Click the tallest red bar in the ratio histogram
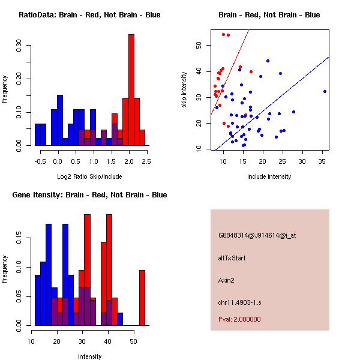(x=131, y=90)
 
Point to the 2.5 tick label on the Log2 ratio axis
(x=146, y=161)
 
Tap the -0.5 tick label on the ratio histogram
(x=40, y=161)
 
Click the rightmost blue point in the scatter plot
(x=325, y=91)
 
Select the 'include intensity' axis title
(x=269, y=176)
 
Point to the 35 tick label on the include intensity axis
(x=321, y=161)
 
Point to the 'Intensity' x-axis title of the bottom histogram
(x=89, y=356)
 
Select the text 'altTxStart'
(x=232, y=258)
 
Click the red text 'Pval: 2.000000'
(x=239, y=319)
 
